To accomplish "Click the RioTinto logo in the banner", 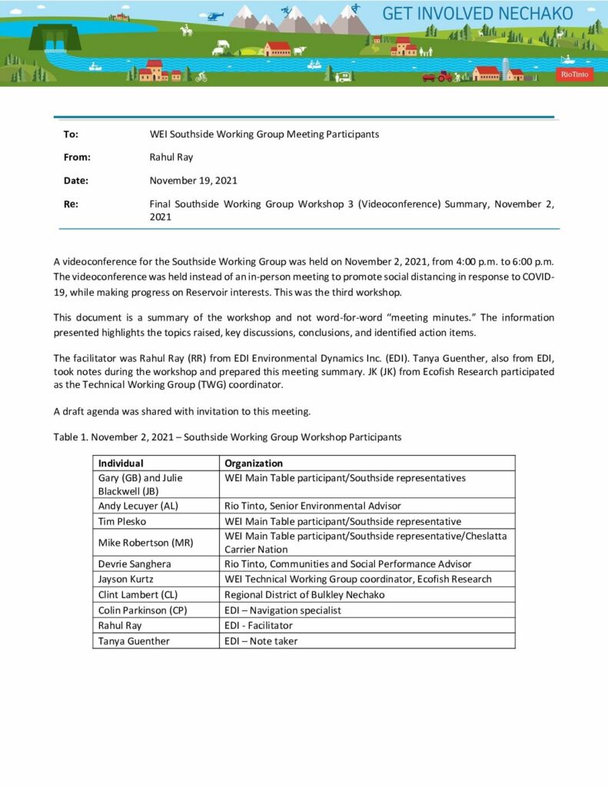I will pyautogui.click(x=574, y=75).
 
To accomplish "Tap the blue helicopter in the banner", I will pyautogui.click(x=215, y=15).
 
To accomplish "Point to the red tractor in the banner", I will pyautogui.click(x=444, y=76).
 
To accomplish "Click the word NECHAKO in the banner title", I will pyautogui.click(x=536, y=13).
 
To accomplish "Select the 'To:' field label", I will pyautogui.click(x=71, y=134).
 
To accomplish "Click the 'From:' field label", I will pyautogui.click(x=77, y=157).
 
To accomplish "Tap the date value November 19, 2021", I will pyautogui.click(x=193, y=181).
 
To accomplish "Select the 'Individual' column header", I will pyautogui.click(x=121, y=463).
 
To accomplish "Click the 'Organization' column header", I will pyautogui.click(x=254, y=463).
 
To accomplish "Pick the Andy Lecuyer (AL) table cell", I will pyautogui.click(x=138, y=506).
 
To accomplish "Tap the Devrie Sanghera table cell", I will pyautogui.click(x=134, y=564).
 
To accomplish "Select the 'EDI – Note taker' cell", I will pyautogui.click(x=261, y=641).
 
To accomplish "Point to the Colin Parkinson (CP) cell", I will pyautogui.click(x=143, y=610).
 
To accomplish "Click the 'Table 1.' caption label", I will pyautogui.click(x=71, y=437).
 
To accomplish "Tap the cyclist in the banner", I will pyautogui.click(x=201, y=77).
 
